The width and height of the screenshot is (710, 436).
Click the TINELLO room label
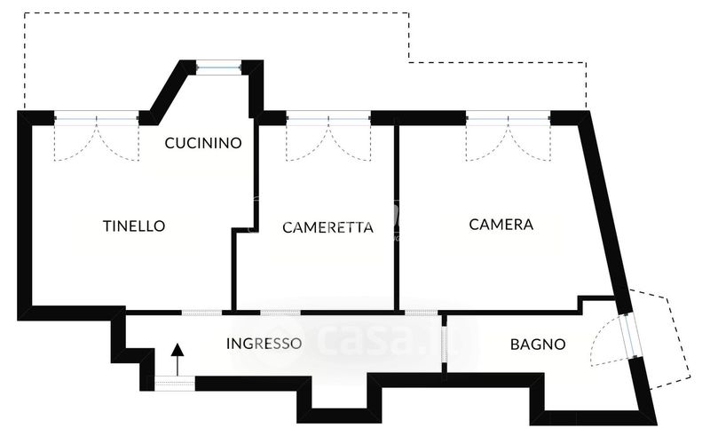[x=134, y=226]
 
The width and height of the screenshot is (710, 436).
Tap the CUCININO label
[x=203, y=142]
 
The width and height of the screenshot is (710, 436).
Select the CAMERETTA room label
[x=327, y=227]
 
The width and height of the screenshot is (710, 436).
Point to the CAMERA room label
[x=501, y=225]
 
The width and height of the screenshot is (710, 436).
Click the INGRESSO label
[x=264, y=344]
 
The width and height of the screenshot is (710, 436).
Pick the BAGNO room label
[x=537, y=345]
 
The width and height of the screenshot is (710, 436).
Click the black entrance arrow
[x=177, y=359]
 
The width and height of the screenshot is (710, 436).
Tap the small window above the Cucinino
[x=218, y=66]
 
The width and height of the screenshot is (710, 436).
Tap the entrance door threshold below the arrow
[x=175, y=383]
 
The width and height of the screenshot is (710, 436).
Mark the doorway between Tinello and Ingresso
[x=201, y=312]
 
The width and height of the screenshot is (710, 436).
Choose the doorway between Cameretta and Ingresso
[x=280, y=312]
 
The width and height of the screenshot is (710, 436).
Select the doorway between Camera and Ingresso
[x=420, y=312]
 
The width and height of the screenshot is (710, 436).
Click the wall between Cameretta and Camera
[x=396, y=213]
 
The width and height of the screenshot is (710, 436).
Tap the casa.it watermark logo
[x=373, y=337]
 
